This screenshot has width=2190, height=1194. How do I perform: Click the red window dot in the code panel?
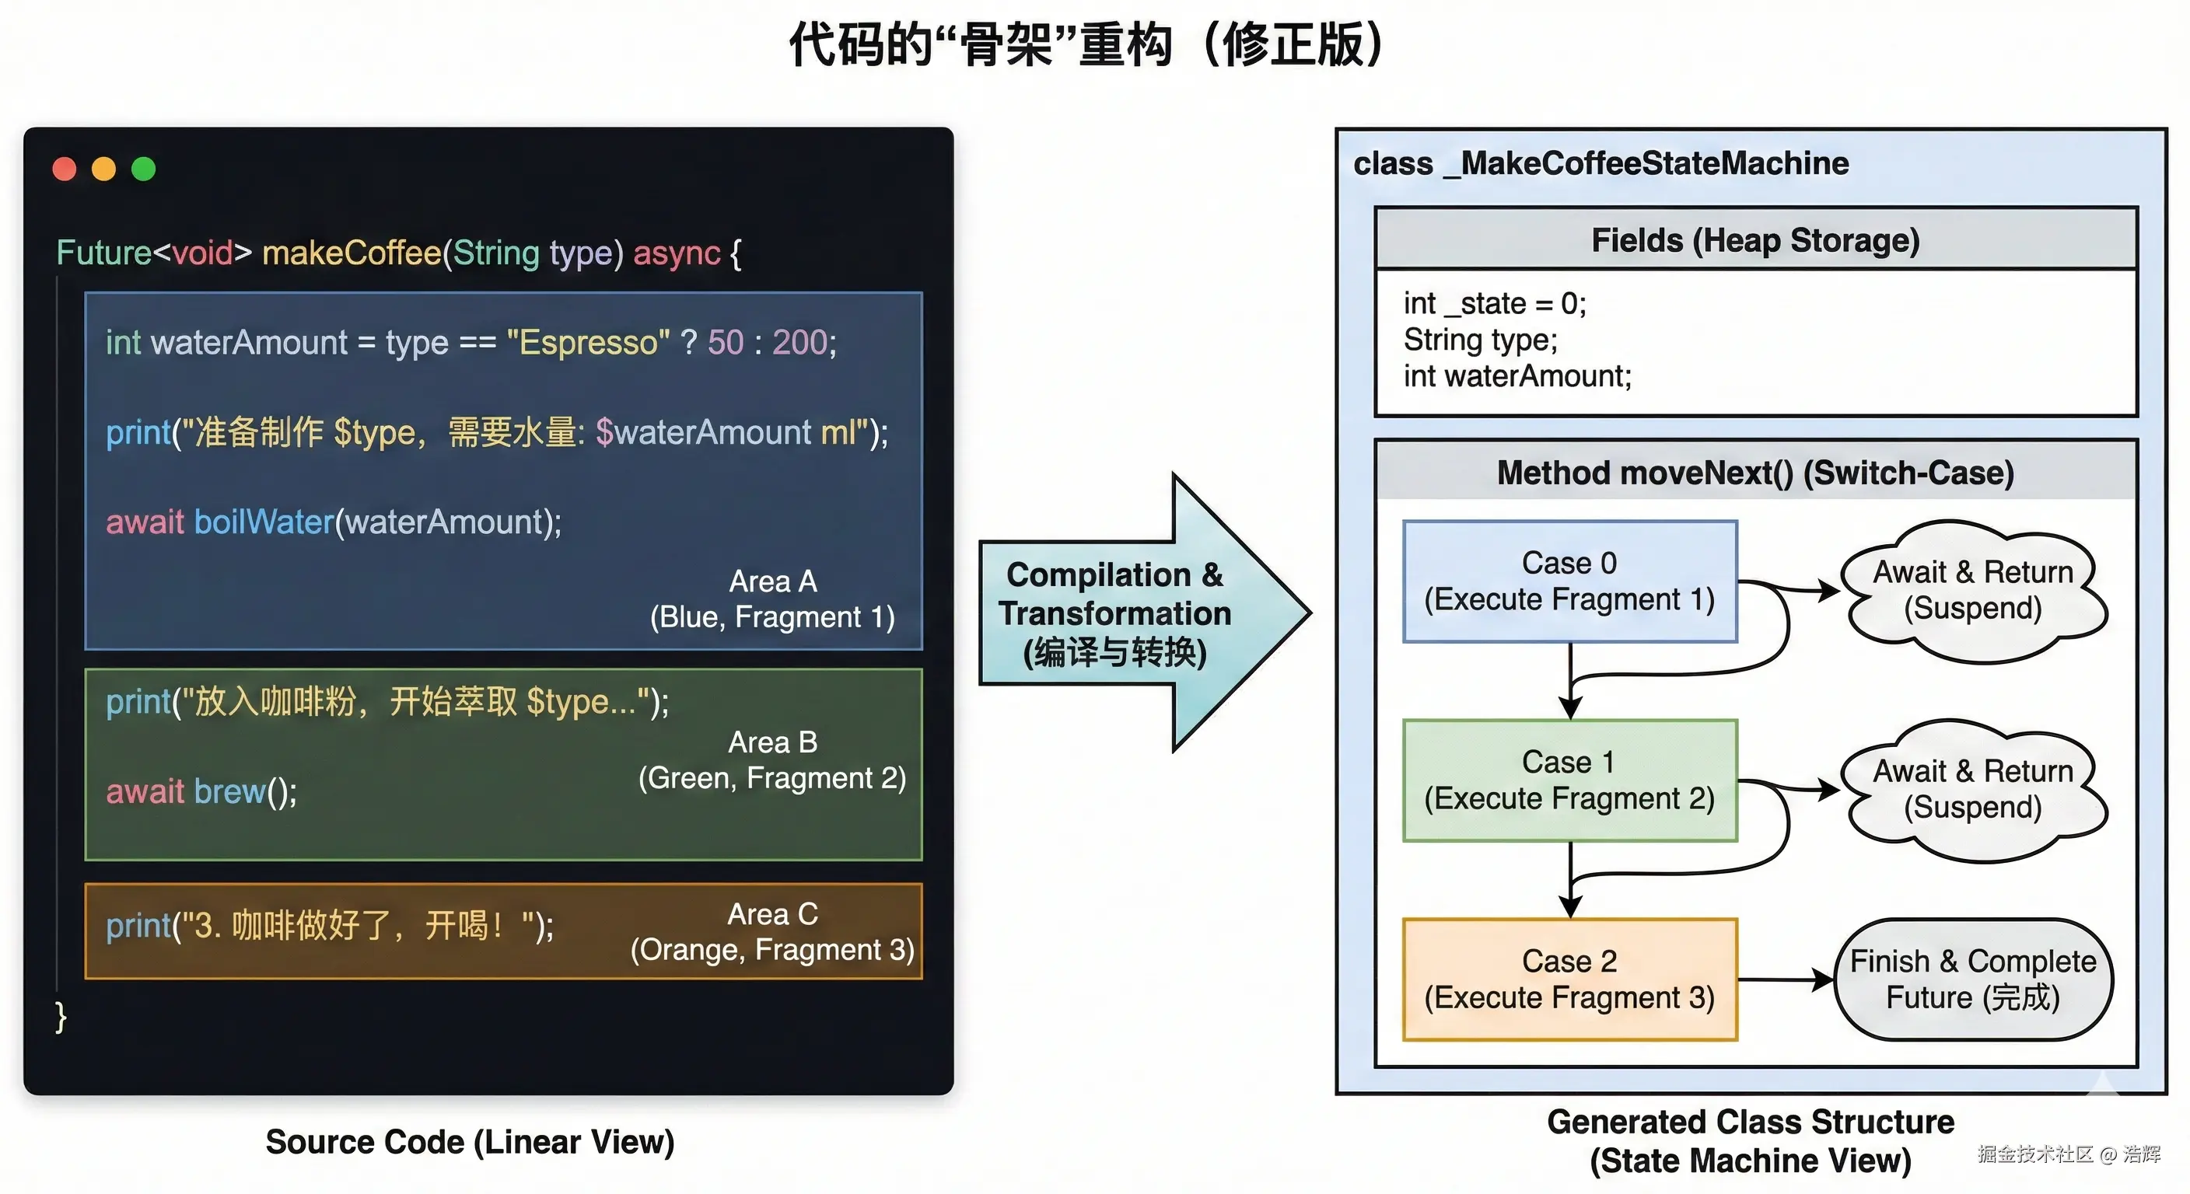point(65,169)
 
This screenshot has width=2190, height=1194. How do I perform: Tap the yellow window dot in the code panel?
point(103,169)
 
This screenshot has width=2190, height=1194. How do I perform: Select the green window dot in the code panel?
point(144,169)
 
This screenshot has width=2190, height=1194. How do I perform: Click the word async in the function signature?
point(677,253)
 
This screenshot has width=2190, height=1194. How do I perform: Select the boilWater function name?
point(264,522)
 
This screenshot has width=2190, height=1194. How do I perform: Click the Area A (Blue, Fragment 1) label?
point(772,599)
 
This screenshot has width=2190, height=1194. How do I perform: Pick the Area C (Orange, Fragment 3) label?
point(772,932)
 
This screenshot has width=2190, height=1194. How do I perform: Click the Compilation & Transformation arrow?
point(1144,613)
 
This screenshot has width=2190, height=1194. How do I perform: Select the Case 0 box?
point(1569,581)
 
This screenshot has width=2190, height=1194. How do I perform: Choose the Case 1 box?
point(1569,780)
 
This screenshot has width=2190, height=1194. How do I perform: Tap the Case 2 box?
point(1569,979)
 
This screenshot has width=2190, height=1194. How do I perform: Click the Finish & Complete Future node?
point(1972,979)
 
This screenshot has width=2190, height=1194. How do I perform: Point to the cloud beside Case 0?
point(1972,591)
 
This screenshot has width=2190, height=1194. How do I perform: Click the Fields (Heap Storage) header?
point(1755,239)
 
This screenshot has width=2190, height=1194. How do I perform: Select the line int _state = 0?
point(1495,303)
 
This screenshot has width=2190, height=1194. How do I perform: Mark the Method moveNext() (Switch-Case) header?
point(1755,473)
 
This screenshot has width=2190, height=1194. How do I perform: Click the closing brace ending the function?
point(61,1017)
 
